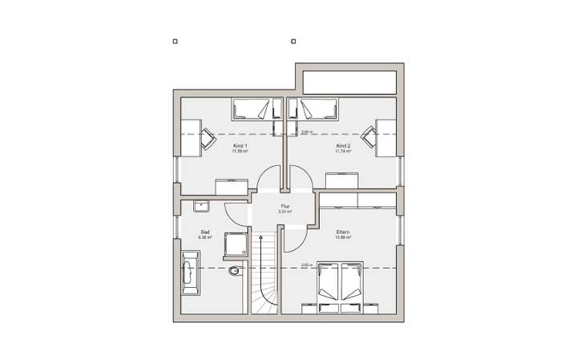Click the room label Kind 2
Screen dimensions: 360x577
pyautogui.click(x=344, y=145)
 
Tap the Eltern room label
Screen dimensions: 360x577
pyautogui.click(x=344, y=233)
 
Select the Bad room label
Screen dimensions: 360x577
pyautogui.click(x=204, y=233)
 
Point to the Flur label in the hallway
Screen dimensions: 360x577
pyautogui.click(x=284, y=207)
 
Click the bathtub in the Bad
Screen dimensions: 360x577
pyautogui.click(x=191, y=271)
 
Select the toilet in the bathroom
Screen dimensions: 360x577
pyautogui.click(x=233, y=271)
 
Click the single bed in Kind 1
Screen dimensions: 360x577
pyautogui.click(x=252, y=108)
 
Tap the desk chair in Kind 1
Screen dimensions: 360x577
pyautogui.click(x=207, y=137)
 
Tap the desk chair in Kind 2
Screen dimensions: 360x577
pyautogui.click(x=370, y=137)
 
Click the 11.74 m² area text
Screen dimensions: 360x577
pyautogui.click(x=344, y=151)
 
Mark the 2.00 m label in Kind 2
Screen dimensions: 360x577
pyautogui.click(x=305, y=131)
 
